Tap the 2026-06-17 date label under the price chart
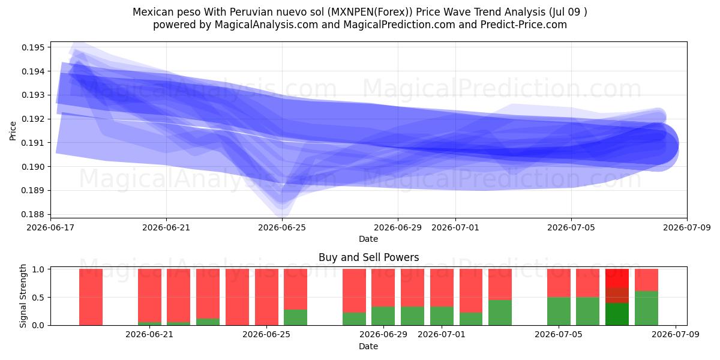[50, 227]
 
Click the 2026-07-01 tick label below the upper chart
[455, 227]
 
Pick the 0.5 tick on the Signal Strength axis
[38, 298]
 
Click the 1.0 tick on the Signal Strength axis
[38, 269]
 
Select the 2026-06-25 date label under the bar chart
[266, 334]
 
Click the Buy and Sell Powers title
[368, 257]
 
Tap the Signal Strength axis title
[23, 296]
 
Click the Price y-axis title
[13, 131]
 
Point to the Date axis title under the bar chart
[368, 346]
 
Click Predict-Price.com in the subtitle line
[524, 25]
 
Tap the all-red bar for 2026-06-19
[91, 297]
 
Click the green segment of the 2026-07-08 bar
[646, 308]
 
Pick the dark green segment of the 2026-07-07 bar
[617, 314]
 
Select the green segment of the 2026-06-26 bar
[295, 317]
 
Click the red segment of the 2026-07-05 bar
[559, 283]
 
